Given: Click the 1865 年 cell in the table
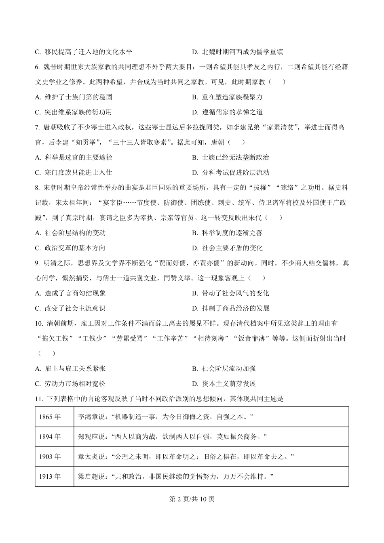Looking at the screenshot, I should [x=50, y=417].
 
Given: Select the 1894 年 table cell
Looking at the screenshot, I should [x=50, y=437].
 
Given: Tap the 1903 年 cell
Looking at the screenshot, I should [x=50, y=457].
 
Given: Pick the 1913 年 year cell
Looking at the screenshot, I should [x=50, y=477].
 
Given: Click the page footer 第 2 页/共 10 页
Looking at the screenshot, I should [x=192, y=499].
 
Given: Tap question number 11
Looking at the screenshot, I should [x=39, y=399].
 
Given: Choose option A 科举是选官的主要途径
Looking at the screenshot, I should [x=74, y=158].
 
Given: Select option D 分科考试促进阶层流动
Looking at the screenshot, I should [x=231, y=173].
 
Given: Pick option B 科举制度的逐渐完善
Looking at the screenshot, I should [x=227, y=233].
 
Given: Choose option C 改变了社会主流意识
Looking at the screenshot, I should [x=70, y=308].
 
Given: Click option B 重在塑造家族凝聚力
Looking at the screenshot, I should [x=227, y=97].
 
